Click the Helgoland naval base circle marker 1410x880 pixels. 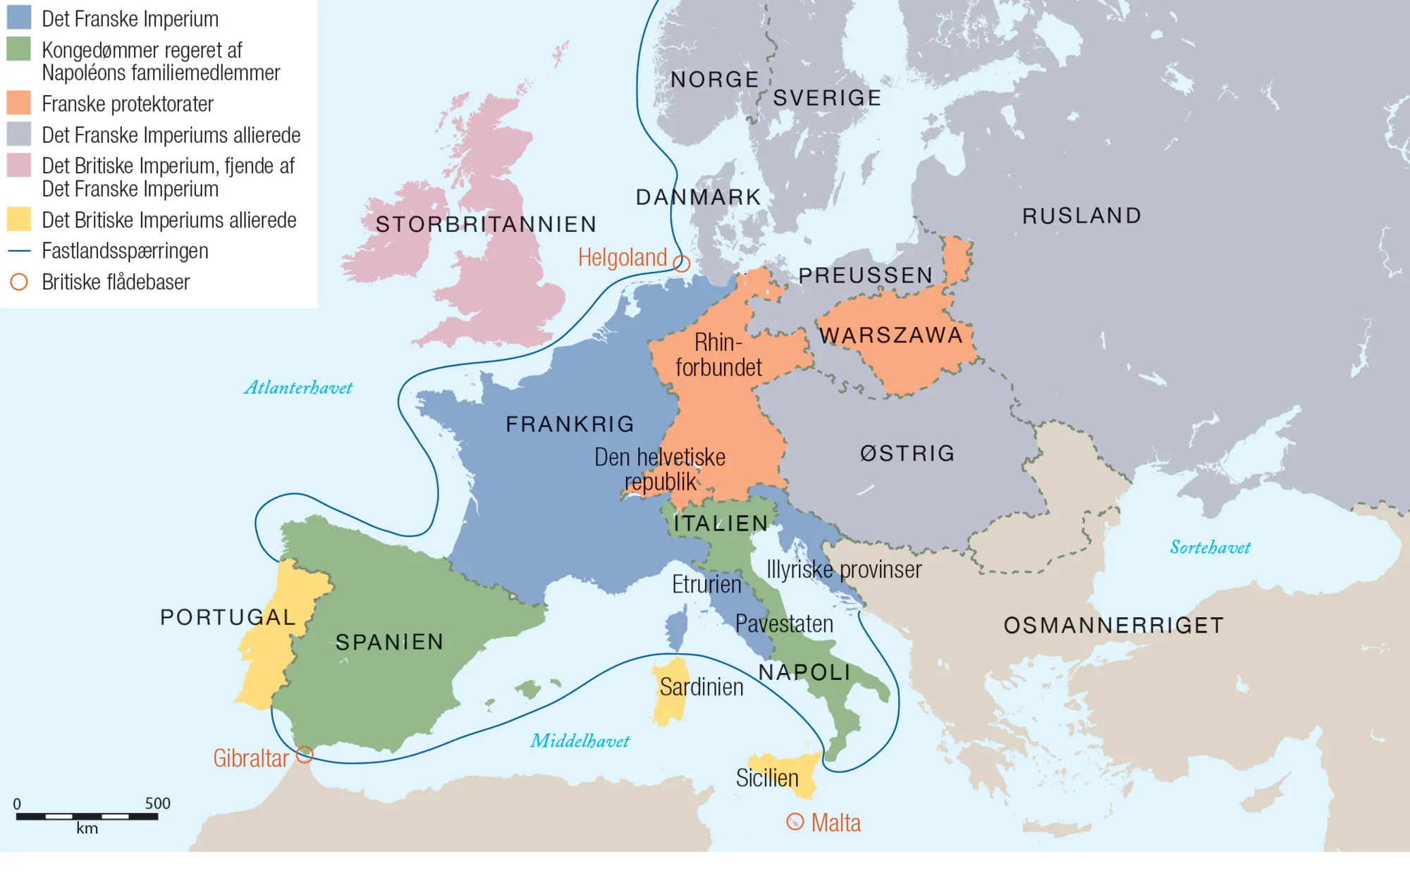coord(681,264)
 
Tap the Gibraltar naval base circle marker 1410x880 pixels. coord(305,755)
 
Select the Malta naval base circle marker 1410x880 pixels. coord(795,822)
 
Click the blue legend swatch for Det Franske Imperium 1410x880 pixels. coord(19,18)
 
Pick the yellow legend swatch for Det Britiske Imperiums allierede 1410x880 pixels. coord(19,219)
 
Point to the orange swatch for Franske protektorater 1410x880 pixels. coord(19,103)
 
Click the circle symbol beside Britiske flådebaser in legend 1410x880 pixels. coord(19,282)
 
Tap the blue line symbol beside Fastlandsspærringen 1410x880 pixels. coord(19,251)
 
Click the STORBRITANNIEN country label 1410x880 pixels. coord(486,225)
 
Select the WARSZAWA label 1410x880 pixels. coord(891,335)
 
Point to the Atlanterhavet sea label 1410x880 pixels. coord(298,388)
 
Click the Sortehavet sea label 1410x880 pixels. coord(1210,547)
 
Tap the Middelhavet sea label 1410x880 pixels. coord(580,741)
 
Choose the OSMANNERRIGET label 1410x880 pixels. coord(1114,626)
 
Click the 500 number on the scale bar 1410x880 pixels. coord(158,804)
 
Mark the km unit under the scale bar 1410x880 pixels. coord(87,829)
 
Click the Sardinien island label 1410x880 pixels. coord(701,687)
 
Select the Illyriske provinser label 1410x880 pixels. coord(844,569)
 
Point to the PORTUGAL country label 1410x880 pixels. coord(228,617)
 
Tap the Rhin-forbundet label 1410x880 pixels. coord(718,355)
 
